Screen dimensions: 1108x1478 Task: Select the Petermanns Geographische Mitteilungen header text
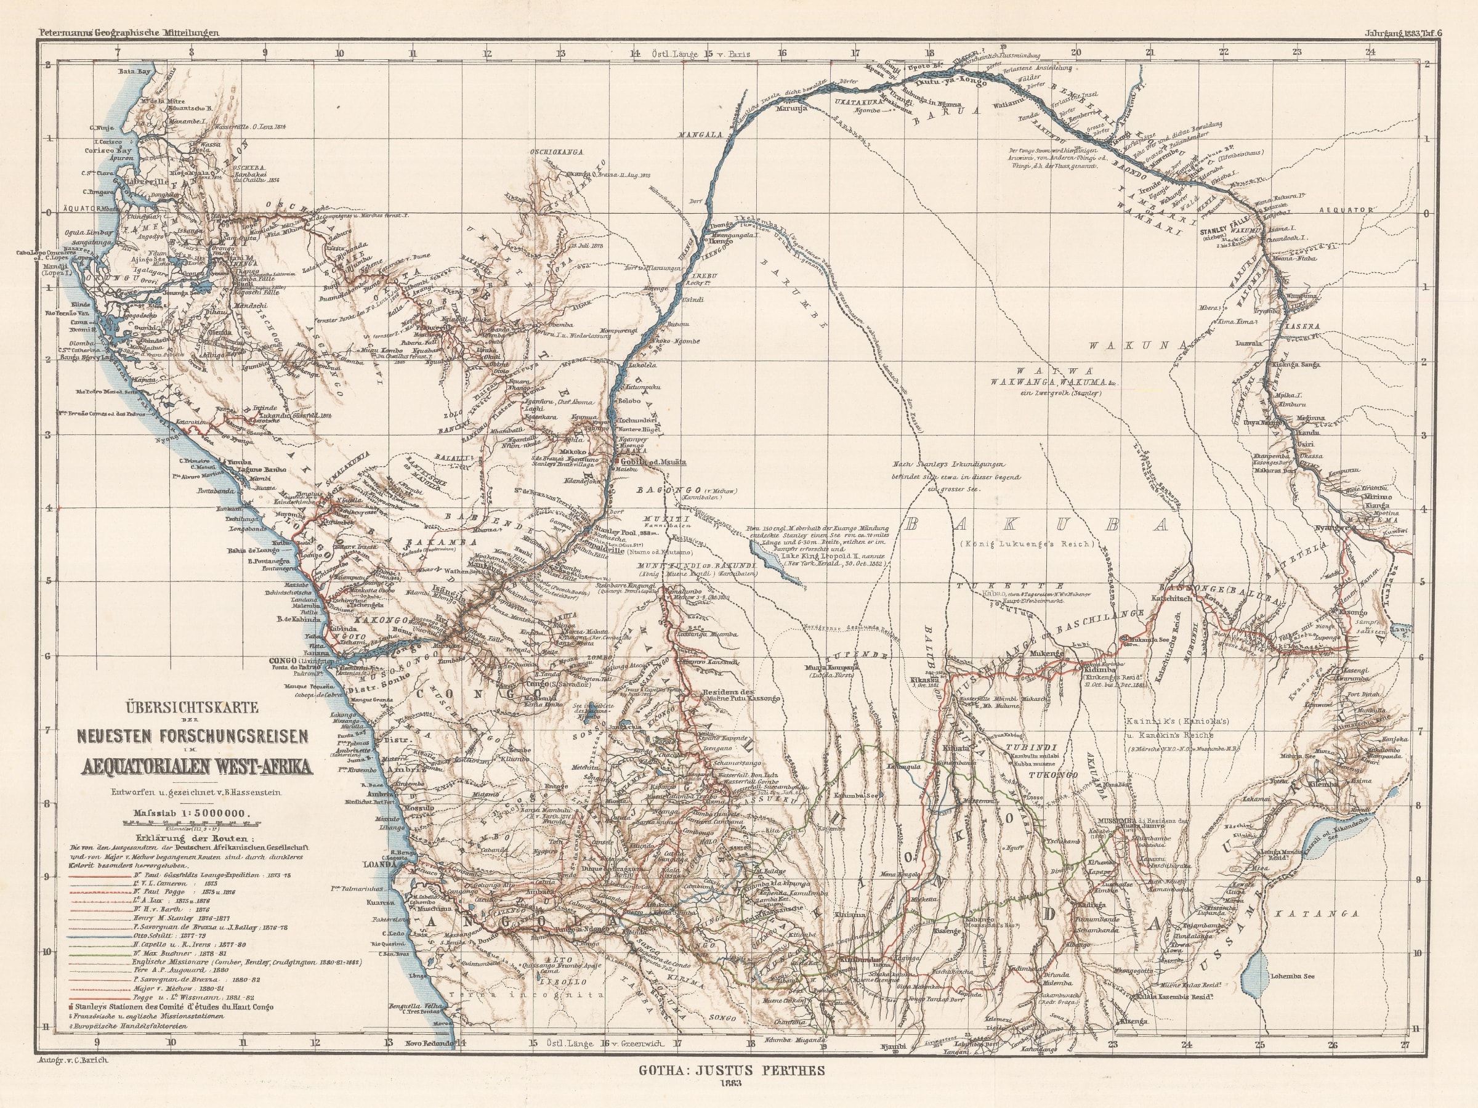tap(120, 31)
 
